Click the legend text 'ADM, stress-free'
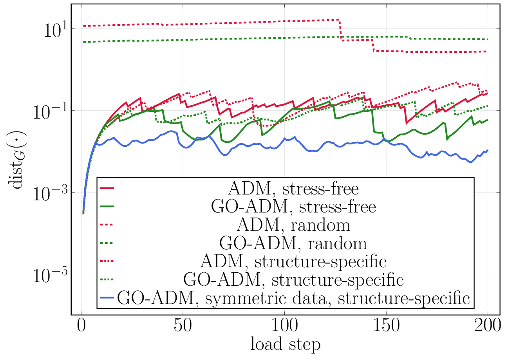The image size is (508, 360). tap(293, 189)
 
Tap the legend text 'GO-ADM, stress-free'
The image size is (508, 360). tap(293, 207)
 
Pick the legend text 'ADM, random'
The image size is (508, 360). tap(293, 225)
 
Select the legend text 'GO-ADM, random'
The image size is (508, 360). tap(293, 243)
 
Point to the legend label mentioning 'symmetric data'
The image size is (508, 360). tap(293, 298)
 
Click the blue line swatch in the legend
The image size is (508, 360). tap(107, 297)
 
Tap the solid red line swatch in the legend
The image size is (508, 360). tap(107, 189)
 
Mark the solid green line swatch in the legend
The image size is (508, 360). tap(107, 207)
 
